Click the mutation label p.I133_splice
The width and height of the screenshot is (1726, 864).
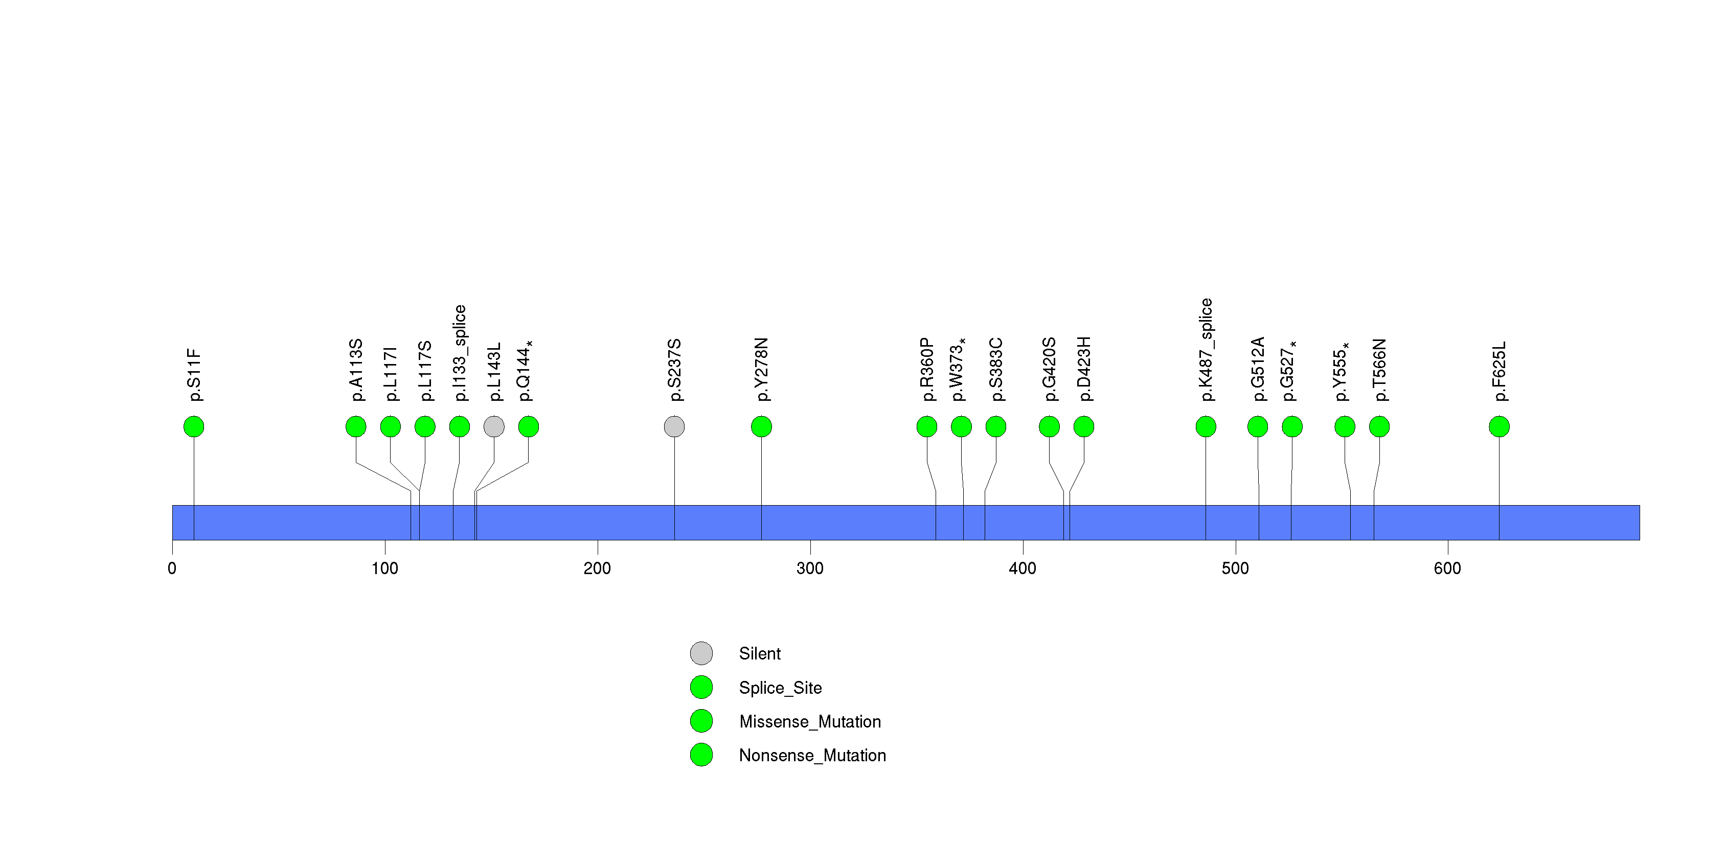(460, 353)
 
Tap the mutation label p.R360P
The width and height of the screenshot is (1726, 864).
(927, 369)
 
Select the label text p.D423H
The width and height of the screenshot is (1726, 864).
(1084, 369)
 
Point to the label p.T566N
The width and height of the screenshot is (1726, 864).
(1379, 370)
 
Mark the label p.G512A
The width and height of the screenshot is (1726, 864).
(1258, 369)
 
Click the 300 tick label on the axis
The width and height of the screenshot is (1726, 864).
(809, 569)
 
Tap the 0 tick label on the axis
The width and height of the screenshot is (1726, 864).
(172, 569)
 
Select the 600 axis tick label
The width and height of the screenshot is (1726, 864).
(1447, 569)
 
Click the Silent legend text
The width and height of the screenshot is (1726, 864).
(759, 654)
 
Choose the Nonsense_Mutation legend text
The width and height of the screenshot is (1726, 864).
(812, 756)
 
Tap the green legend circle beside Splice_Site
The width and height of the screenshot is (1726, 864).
(701, 687)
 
